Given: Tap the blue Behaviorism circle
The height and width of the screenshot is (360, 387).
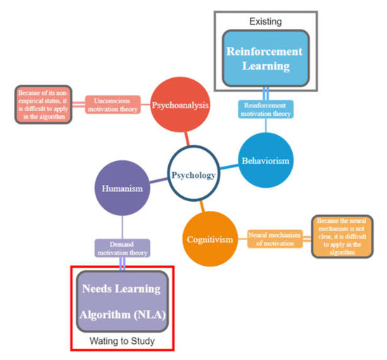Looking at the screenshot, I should click(265, 160).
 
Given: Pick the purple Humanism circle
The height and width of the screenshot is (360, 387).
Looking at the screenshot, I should click(123, 188).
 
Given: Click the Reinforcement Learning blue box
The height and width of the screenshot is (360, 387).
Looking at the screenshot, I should click(265, 59).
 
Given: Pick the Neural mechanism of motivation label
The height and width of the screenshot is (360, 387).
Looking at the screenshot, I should click(274, 238).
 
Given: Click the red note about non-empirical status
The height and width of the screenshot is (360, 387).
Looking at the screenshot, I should click(44, 105).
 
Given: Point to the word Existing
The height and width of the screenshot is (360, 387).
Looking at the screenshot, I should click(265, 22).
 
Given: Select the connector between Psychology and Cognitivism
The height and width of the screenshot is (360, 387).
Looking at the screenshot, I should click(201, 207).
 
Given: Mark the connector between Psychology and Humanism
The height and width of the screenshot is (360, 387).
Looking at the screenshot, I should click(158, 181).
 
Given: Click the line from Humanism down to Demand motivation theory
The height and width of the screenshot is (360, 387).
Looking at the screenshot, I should click(122, 226).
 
